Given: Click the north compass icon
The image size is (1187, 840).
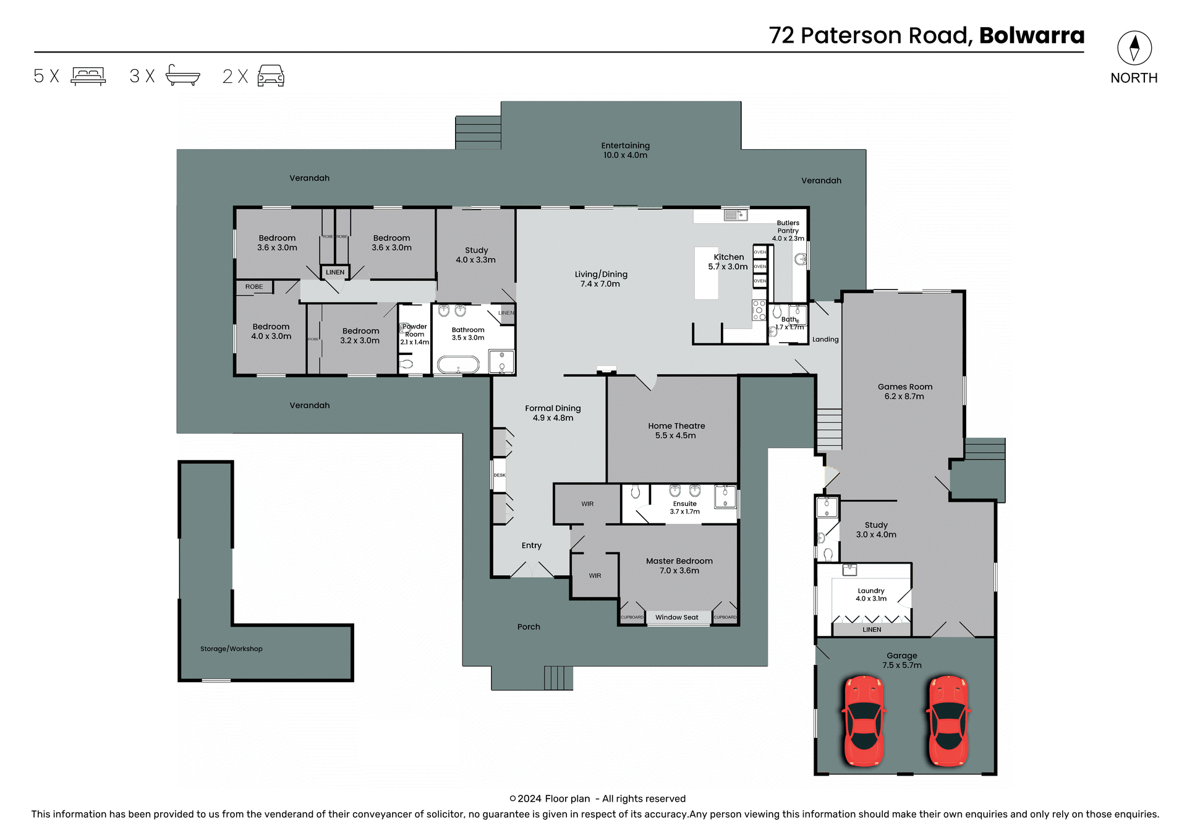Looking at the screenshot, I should (x=1134, y=48).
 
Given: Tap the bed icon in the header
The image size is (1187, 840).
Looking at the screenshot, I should (x=88, y=76).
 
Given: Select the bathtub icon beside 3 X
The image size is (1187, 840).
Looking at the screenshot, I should (x=182, y=75).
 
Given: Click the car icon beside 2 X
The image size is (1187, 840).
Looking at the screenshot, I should (x=270, y=76).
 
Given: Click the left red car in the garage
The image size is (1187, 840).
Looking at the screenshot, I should (x=864, y=721).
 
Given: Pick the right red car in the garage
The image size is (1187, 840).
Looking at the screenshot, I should (x=948, y=721).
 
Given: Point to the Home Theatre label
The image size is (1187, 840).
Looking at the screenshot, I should (x=676, y=426).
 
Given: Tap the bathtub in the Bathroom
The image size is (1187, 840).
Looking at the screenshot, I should (x=458, y=364).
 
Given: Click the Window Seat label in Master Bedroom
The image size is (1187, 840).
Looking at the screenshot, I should (x=676, y=617).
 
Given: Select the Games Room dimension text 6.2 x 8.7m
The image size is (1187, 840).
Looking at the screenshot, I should (x=904, y=396).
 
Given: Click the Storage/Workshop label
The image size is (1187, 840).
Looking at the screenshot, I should (x=231, y=649).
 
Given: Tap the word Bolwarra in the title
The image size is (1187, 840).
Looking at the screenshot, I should (x=1031, y=36).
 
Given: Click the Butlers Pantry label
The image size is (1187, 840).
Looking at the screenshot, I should (x=788, y=227).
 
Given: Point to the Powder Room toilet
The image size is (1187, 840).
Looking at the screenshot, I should (x=406, y=364).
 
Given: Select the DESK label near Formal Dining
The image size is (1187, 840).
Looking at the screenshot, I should (x=500, y=475).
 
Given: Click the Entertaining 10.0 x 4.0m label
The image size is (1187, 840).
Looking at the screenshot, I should (x=625, y=150).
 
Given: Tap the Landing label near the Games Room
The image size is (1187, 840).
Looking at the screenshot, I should (x=825, y=340).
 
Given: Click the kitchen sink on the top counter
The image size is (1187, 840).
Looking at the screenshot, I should (x=735, y=215).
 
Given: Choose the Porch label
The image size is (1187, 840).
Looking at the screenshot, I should (x=529, y=627).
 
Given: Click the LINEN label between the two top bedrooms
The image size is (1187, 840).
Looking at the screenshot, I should (x=335, y=272).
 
